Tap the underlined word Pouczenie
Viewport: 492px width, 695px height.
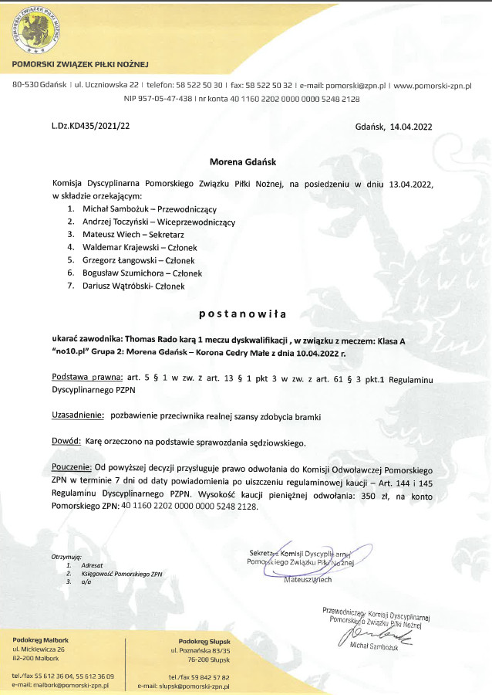tap(71, 469)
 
